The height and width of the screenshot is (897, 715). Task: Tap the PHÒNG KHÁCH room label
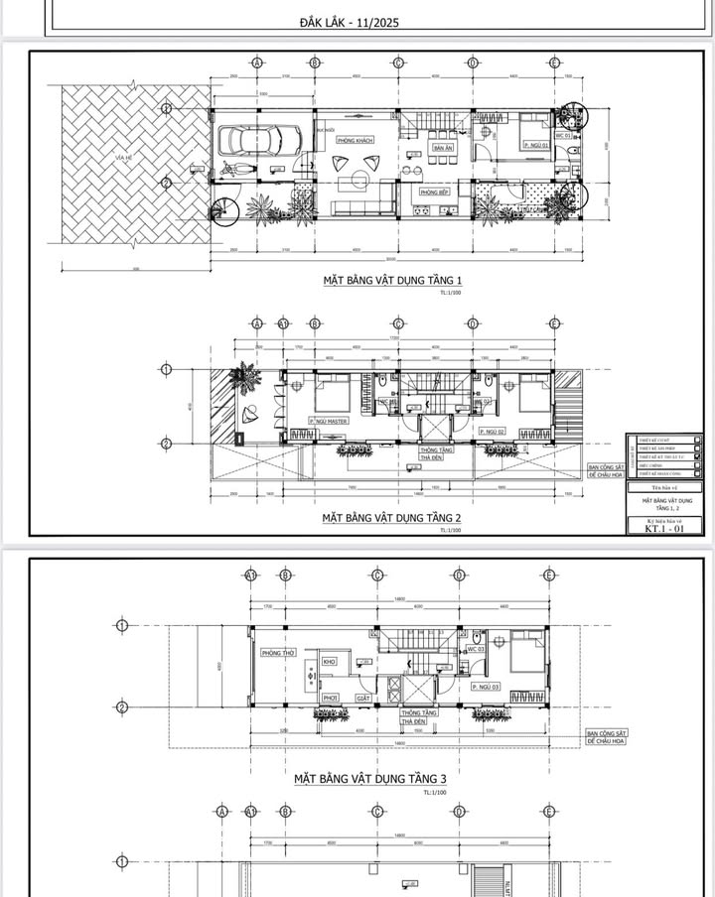tap(355, 141)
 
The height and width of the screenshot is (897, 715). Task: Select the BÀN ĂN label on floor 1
tap(442, 149)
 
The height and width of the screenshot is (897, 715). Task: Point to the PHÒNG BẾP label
tap(432, 192)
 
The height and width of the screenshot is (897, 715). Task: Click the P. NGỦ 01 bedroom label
tap(536, 145)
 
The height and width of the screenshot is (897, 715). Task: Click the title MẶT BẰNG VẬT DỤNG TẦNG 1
tap(392, 281)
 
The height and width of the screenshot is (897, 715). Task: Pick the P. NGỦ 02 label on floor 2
tap(494, 432)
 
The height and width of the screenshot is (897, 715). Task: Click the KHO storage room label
tap(330, 661)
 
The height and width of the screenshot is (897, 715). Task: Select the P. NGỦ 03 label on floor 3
tap(486, 687)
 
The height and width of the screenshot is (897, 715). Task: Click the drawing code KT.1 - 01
tap(664, 529)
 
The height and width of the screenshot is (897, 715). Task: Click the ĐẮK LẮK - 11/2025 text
tap(349, 21)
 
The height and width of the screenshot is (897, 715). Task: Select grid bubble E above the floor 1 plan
tap(554, 63)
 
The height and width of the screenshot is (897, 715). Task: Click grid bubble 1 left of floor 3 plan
tap(122, 625)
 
